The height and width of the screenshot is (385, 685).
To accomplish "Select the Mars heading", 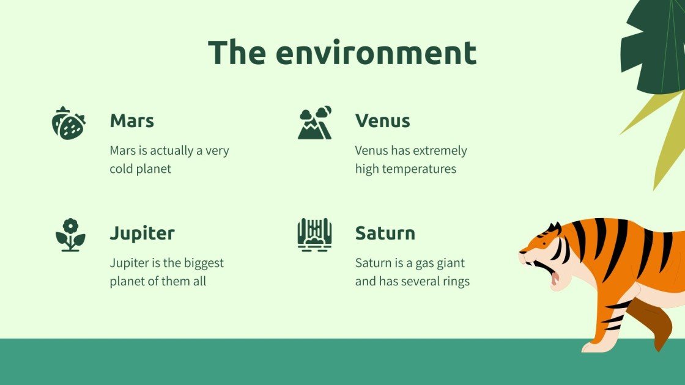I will point(131,120).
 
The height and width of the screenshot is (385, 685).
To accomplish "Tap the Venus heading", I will point(382,120).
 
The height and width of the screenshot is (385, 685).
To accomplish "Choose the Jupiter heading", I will point(142,233).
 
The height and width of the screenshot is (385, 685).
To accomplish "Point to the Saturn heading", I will point(385,233).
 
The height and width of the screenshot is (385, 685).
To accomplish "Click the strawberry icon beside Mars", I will point(68,123).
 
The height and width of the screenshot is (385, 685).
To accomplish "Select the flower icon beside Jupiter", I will point(70,235).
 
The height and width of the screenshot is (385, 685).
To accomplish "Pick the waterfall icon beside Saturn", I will point(314,235).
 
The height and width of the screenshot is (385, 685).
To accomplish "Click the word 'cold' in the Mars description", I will point(122,169).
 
